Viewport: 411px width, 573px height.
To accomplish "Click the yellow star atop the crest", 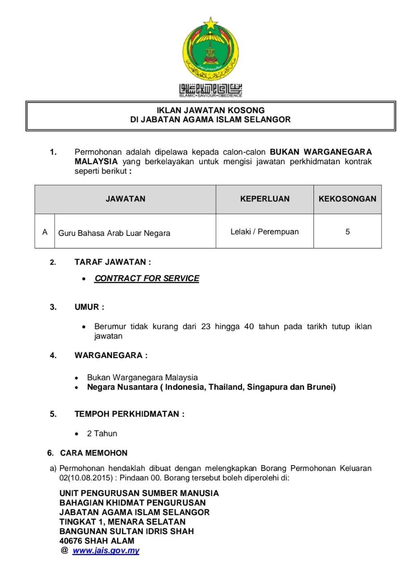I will (210, 23).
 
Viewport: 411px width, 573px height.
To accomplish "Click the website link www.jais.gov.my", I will (106, 551).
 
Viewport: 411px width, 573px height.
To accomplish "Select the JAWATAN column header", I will (125, 199).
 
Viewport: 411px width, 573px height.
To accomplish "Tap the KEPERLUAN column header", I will (265, 199).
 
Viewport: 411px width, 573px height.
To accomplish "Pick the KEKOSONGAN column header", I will (347, 199).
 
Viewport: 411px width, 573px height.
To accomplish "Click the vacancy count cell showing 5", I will (347, 232).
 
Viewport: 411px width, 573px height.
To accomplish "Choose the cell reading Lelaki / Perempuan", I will (264, 232).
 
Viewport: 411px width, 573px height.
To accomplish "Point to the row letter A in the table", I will (45, 232).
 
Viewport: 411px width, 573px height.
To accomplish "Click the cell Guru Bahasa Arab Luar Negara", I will (114, 233).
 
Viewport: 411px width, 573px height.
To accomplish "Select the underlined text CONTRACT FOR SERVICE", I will (147, 278).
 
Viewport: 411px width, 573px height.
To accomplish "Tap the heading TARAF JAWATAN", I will (113, 262).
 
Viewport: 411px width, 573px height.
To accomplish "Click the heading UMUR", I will (89, 307).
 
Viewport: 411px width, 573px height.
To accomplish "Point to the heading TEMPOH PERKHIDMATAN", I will (129, 414).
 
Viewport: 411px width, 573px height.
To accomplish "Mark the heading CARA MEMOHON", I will (94, 453).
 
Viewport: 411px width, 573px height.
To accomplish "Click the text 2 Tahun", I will (102, 433).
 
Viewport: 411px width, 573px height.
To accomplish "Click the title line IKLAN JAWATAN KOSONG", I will (210, 110).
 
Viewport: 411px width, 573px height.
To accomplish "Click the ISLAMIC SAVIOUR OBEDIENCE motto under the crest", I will (210, 95).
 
